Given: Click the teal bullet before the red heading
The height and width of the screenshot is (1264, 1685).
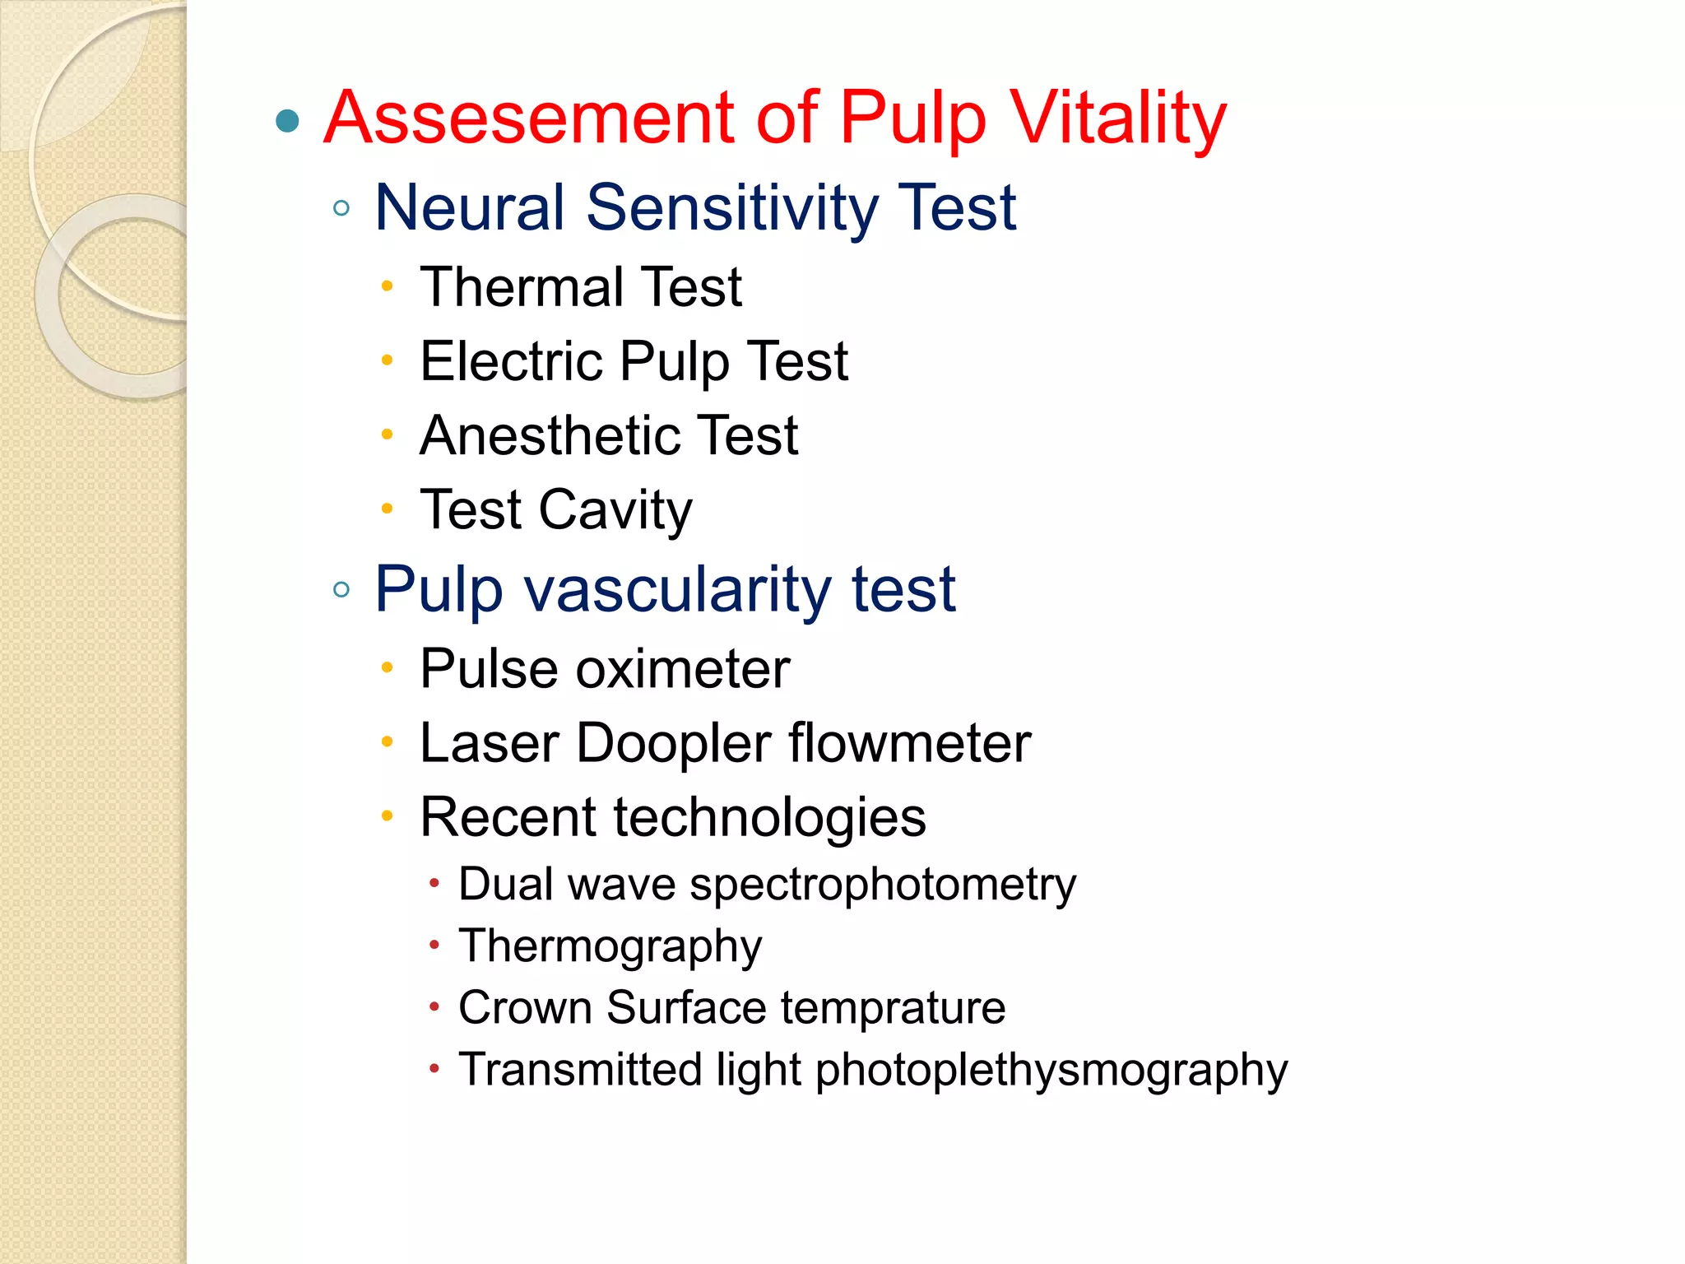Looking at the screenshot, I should point(287,121).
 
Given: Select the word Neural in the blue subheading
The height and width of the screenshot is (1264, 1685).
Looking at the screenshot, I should point(470,207).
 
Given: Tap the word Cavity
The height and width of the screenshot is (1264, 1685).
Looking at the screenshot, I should point(615,510).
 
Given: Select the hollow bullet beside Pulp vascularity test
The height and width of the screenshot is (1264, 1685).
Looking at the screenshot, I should point(341,589).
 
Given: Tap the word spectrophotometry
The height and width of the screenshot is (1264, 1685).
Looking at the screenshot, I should point(883,885).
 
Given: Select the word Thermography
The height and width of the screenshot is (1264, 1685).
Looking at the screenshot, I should point(610,946).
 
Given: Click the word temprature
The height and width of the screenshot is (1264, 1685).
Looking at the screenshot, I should point(893,1007).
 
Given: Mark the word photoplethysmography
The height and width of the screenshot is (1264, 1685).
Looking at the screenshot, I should point(1051,1070).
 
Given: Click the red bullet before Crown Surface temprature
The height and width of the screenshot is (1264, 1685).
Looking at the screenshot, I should point(434,1006).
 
